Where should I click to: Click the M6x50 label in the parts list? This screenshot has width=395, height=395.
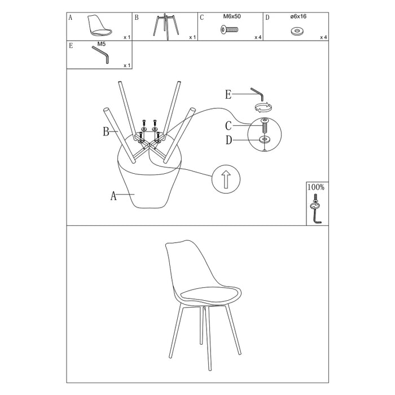point(232,16)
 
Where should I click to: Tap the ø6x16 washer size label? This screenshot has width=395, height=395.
point(299,16)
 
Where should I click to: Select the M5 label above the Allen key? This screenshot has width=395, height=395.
point(101,44)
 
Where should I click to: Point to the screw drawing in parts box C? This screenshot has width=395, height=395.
point(229,30)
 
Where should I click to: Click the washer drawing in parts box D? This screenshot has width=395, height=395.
point(297,31)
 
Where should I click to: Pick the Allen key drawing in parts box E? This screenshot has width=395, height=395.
point(101,54)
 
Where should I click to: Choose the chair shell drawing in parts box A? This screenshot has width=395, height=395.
point(99,25)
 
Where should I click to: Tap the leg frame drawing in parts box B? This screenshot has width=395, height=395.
point(166,27)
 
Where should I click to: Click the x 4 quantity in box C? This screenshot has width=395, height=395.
point(258,38)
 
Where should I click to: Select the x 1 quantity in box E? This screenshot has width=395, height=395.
point(127,65)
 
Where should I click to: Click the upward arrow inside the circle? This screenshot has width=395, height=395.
point(226,179)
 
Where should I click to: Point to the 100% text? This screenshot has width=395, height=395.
point(316,187)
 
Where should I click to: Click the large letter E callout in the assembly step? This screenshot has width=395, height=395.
point(228,95)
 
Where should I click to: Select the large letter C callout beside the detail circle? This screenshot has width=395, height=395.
point(228,126)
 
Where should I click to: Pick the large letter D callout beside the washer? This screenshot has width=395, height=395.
point(229,140)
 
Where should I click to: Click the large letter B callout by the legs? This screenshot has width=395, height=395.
point(106,131)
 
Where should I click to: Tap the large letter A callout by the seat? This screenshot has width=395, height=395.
point(113,195)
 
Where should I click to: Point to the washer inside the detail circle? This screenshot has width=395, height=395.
point(265,139)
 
